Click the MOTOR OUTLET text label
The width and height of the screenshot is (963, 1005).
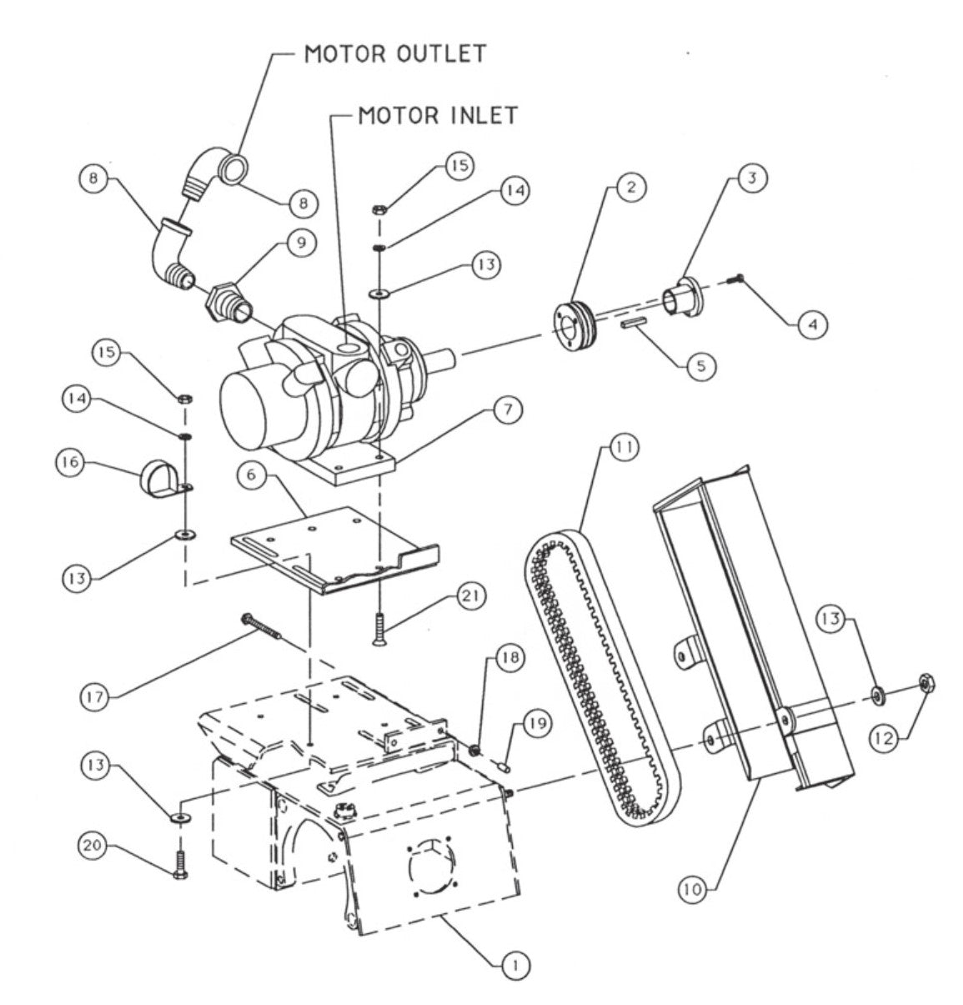(394, 53)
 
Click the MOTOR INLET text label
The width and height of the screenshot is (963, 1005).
(439, 115)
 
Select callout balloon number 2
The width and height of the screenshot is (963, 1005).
(630, 187)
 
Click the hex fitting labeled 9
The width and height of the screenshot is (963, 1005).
(224, 299)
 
